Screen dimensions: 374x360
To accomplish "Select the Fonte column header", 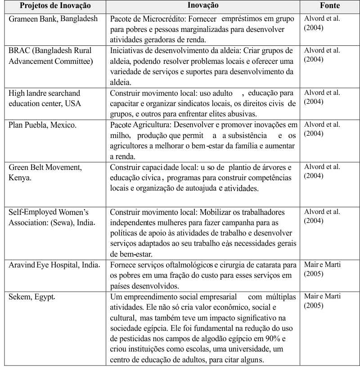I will click(330, 6).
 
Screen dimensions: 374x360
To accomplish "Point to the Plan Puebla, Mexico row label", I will click(42, 125).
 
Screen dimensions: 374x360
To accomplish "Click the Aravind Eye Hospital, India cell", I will click(54, 264).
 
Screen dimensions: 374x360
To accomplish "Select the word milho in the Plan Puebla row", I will click(119, 135).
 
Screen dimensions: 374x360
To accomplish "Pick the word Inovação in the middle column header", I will click(203, 6).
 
